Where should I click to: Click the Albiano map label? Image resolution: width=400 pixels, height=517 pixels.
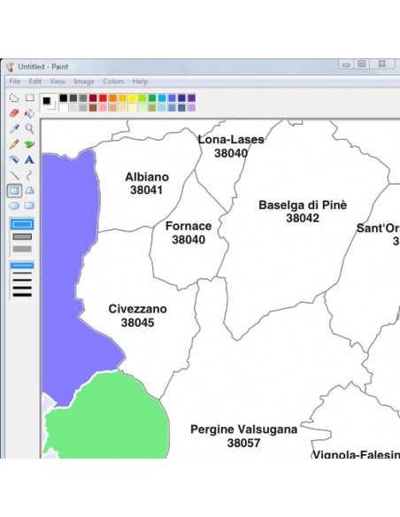coord(146,177)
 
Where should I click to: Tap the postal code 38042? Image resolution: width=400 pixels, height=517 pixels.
coord(303,219)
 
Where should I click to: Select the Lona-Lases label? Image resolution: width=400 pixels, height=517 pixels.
coord(231,140)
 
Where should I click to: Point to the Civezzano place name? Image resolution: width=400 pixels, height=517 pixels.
coord(137,309)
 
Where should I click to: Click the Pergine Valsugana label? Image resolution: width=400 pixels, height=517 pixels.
coord(243,429)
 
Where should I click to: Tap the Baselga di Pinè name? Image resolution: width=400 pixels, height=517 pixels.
coord(303,204)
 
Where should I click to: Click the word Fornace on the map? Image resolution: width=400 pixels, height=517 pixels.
coord(188,226)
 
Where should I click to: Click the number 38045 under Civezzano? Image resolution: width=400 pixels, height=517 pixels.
coord(137,323)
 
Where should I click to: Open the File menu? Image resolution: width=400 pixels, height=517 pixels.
coord(15,81)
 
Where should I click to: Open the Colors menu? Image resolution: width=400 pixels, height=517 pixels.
coord(113,81)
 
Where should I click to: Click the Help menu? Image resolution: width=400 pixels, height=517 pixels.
coord(140,81)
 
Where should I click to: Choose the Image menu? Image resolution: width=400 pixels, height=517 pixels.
coord(84,81)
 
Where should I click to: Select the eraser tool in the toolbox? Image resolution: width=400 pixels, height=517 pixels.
coord(14,113)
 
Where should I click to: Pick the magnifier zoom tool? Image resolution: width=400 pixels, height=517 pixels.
coord(29,128)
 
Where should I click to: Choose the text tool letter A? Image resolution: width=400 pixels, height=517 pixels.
coord(29,159)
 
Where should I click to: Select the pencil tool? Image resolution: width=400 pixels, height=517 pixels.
coord(14,144)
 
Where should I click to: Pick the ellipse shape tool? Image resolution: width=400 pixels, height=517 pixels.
coord(14,205)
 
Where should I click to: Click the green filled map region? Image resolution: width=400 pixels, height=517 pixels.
coord(106,416)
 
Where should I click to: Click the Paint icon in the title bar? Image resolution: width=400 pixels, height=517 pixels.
coord(10,66)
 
